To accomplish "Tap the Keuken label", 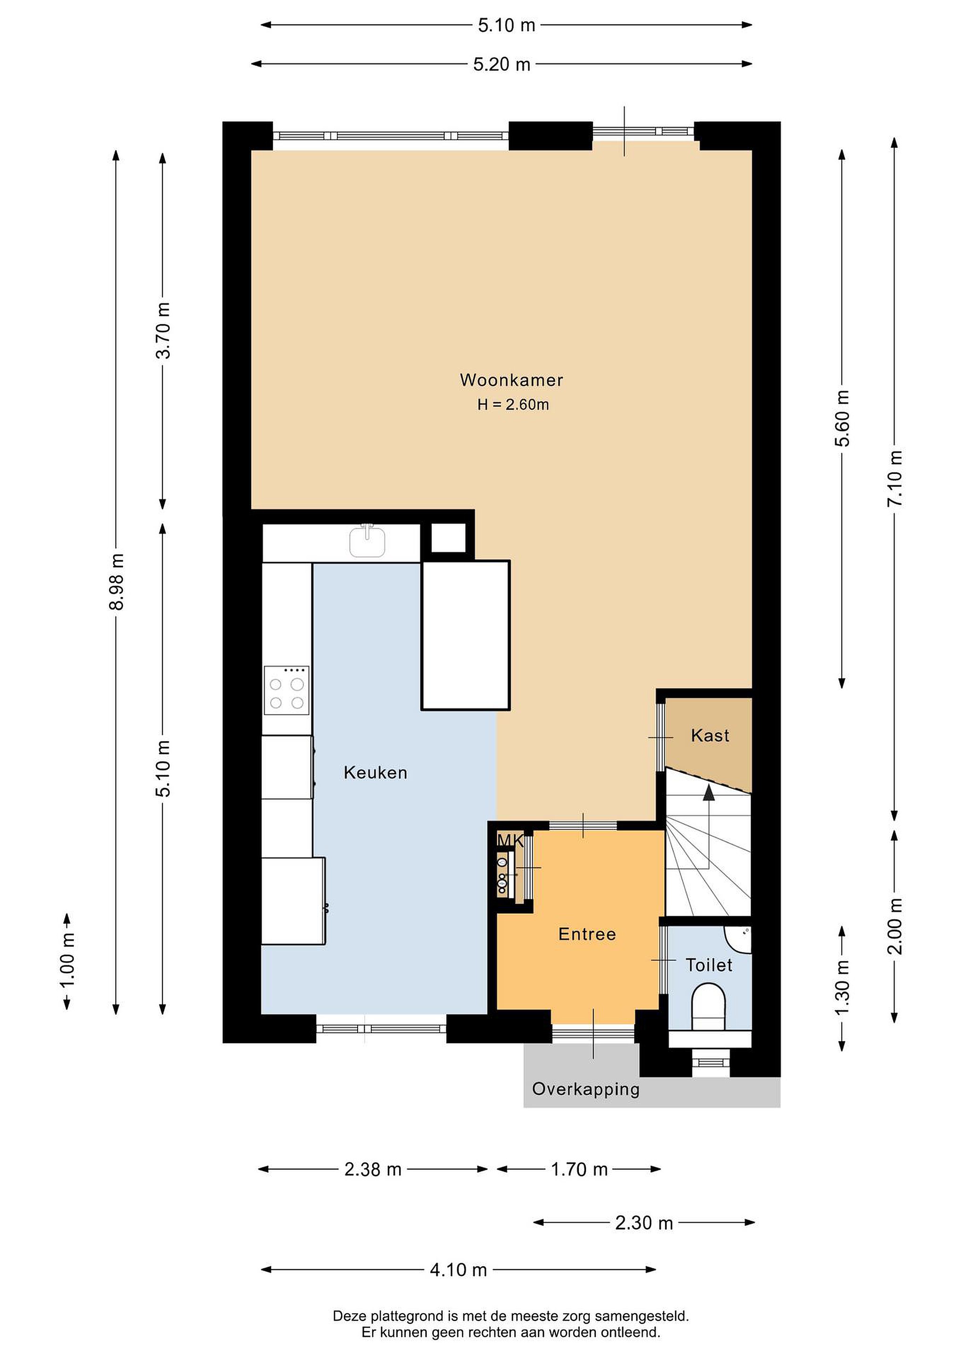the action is tap(375, 772).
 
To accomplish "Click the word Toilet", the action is tap(709, 965).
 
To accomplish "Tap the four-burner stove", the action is tap(286, 690).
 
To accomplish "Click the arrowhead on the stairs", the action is tap(708, 793).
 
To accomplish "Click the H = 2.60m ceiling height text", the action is tap(513, 405).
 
